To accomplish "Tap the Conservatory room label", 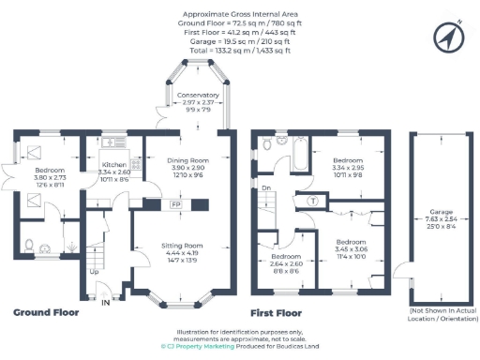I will [x=198, y=96].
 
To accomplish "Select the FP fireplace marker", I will [x=175, y=203].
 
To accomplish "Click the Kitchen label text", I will [x=113, y=165].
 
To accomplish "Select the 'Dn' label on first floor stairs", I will [x=266, y=187].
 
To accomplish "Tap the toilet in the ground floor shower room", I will [x=29, y=246].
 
